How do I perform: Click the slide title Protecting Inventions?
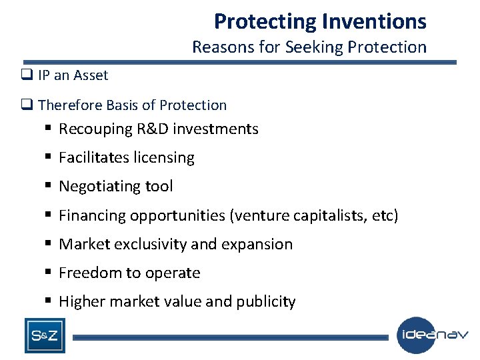click(320, 21)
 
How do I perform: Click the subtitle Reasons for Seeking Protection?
click(309, 47)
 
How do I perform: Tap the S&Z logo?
click(45, 335)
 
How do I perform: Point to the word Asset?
click(90, 76)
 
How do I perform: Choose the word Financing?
click(92, 215)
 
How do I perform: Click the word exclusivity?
click(149, 244)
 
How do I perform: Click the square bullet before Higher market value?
click(49, 301)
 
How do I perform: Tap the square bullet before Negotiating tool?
click(49, 187)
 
